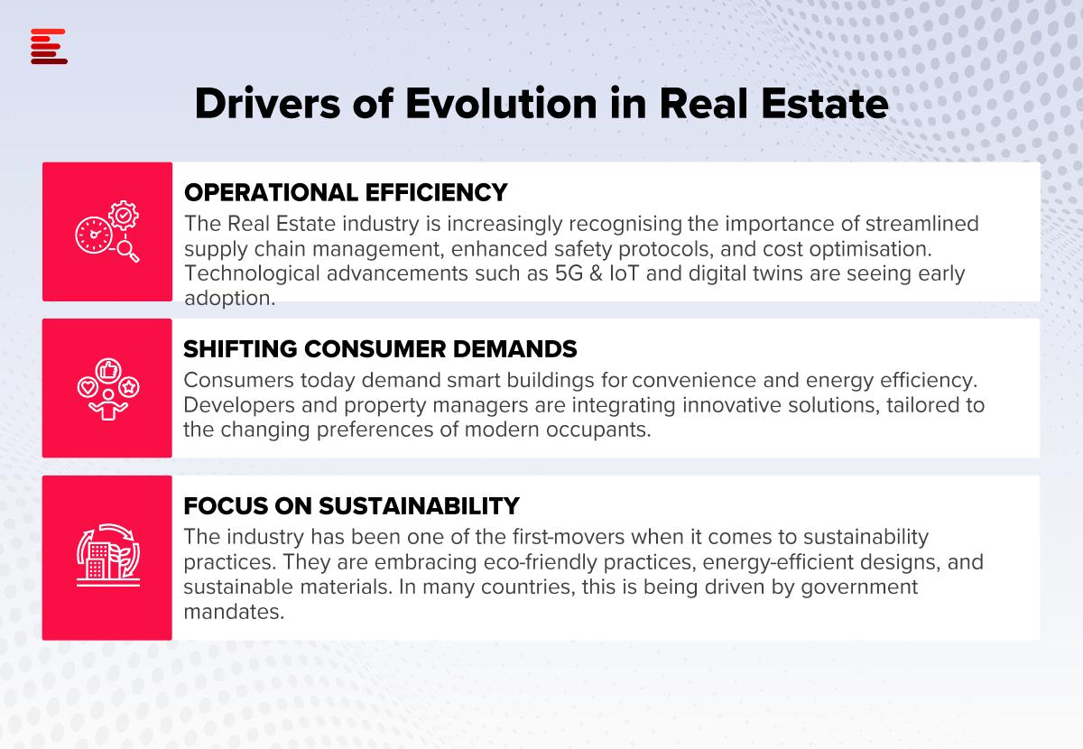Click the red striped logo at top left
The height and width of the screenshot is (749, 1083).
tap(49, 46)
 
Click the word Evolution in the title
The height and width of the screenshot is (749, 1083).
tap(502, 104)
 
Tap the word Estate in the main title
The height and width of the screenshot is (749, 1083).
tap(825, 104)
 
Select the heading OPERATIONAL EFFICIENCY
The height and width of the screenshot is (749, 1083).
tap(346, 192)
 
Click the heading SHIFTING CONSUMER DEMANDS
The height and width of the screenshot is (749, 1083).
tap(380, 349)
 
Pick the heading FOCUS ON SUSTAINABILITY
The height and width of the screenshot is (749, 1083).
tap(351, 506)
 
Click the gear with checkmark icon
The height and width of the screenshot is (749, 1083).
tap(124, 215)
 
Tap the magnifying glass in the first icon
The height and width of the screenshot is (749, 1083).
tap(128, 251)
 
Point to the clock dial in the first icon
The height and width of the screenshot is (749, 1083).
tap(94, 235)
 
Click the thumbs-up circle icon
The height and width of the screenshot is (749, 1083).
tap(108, 370)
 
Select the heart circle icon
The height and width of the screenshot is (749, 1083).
tap(88, 387)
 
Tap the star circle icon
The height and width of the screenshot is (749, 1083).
tap(128, 387)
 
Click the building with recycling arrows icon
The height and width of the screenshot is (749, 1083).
tap(108, 555)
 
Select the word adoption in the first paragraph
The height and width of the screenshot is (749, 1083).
tap(229, 299)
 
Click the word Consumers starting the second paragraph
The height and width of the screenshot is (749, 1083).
tap(238, 381)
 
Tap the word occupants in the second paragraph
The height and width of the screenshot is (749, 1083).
tap(598, 430)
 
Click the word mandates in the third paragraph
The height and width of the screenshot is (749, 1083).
tap(234, 612)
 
